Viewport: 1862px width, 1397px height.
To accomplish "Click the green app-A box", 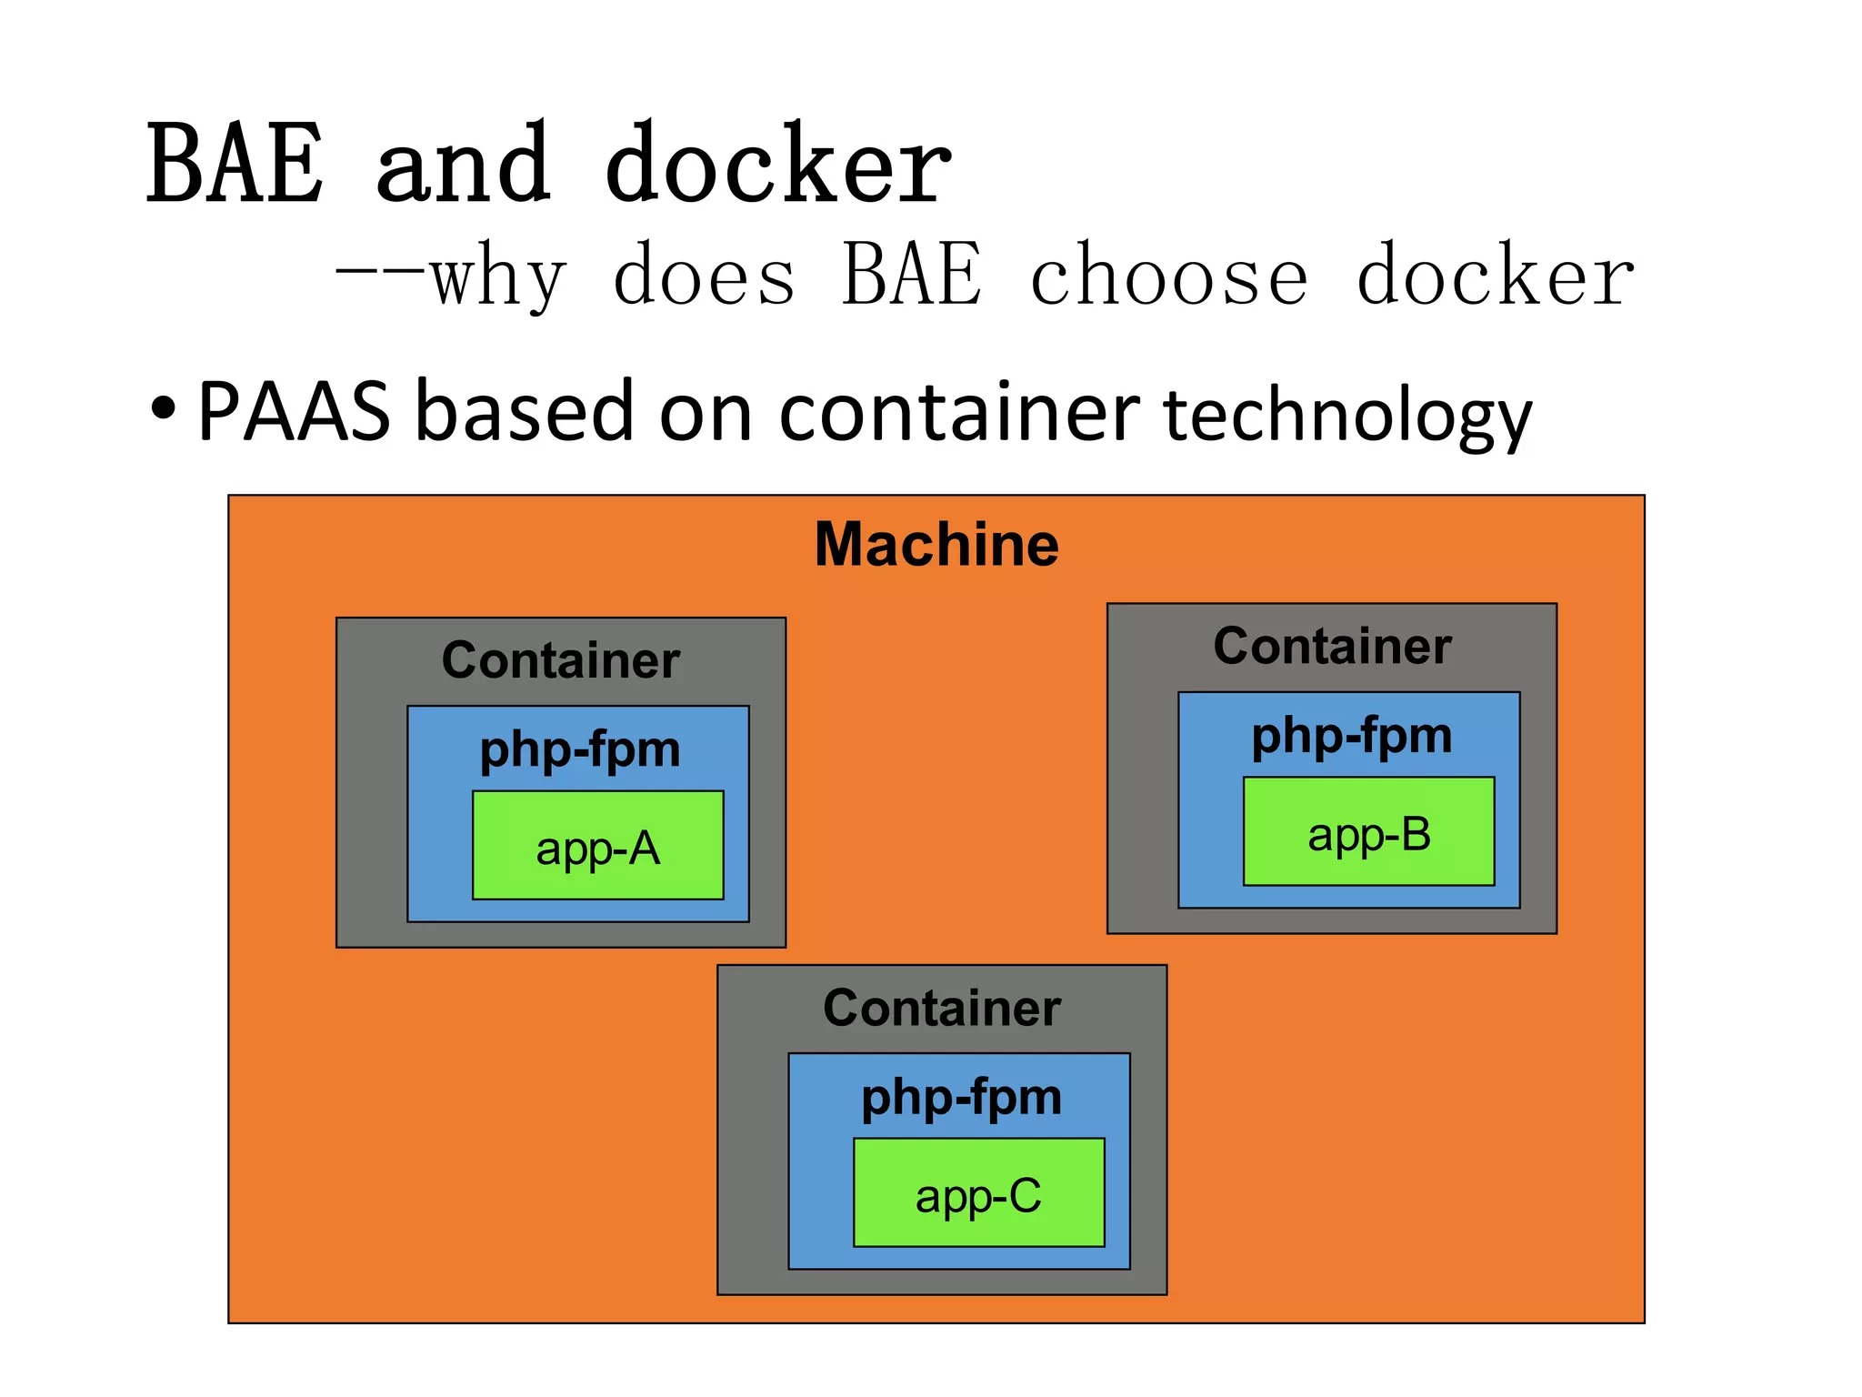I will tap(597, 846).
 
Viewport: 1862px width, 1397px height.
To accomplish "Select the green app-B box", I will tap(1368, 831).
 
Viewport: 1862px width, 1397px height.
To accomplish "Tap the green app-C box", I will tap(978, 1192).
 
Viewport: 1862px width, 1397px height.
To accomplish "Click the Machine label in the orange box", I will tap(936, 545).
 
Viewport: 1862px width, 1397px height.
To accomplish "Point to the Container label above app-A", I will tap(561, 660).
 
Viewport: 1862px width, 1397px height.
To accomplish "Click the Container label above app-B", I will tap(1332, 647).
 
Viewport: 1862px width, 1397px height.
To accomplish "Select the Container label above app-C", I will tap(942, 1008).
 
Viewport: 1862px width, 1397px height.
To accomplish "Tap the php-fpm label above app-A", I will tap(580, 750).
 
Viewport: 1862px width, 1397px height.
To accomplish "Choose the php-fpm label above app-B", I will tap(1351, 736).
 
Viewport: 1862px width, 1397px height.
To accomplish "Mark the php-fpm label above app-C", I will tap(961, 1098).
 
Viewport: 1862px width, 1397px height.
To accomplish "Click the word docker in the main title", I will tap(777, 164).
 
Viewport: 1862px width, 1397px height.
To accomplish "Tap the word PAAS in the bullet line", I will tap(294, 412).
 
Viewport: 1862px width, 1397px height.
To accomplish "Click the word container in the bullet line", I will tap(959, 412).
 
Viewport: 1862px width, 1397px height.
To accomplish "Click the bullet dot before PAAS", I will tap(163, 408).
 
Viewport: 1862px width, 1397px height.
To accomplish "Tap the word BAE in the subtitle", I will tap(912, 274).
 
